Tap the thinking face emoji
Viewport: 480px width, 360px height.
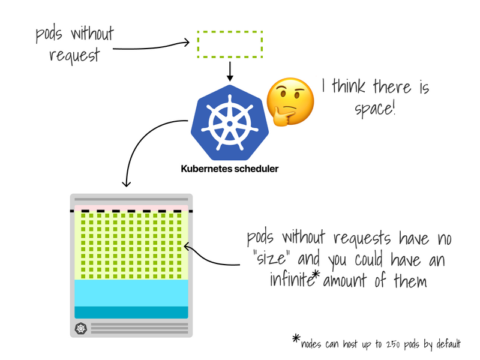290,101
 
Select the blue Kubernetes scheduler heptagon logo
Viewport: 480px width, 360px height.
228,121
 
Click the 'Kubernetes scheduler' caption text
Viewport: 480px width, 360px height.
229,169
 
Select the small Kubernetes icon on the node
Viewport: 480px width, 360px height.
81,328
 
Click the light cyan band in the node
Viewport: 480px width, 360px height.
131,293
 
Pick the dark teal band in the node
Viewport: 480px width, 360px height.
131,312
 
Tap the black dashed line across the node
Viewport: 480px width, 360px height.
131,211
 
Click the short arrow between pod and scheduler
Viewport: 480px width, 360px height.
229,71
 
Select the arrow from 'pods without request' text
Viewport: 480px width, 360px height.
150,45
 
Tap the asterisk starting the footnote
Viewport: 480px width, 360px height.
296,340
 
